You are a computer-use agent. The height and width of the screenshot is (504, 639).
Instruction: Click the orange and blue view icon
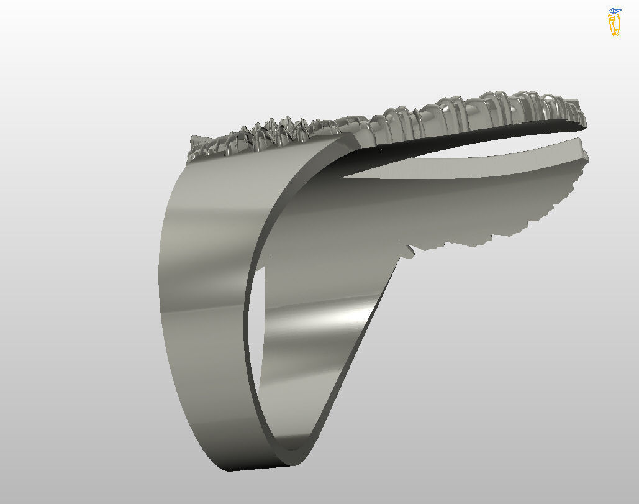(614, 22)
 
